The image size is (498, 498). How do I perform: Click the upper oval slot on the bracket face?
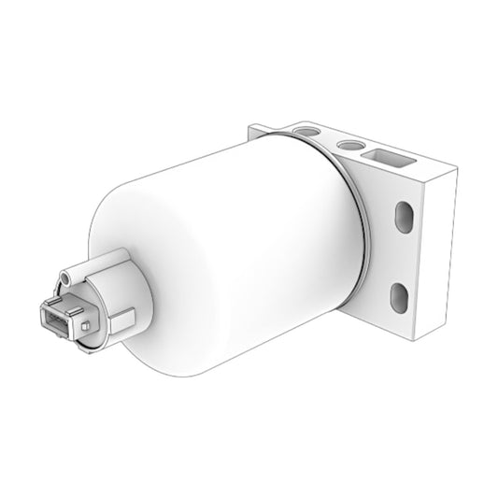click(x=404, y=217)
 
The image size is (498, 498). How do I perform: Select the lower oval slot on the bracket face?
click(x=399, y=297)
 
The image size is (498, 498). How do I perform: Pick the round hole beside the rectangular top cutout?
click(x=351, y=144)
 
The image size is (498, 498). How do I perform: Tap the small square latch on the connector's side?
click(x=85, y=326)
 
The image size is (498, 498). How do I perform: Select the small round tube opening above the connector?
click(x=65, y=277)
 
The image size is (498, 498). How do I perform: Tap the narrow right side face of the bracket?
click(x=444, y=252)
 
